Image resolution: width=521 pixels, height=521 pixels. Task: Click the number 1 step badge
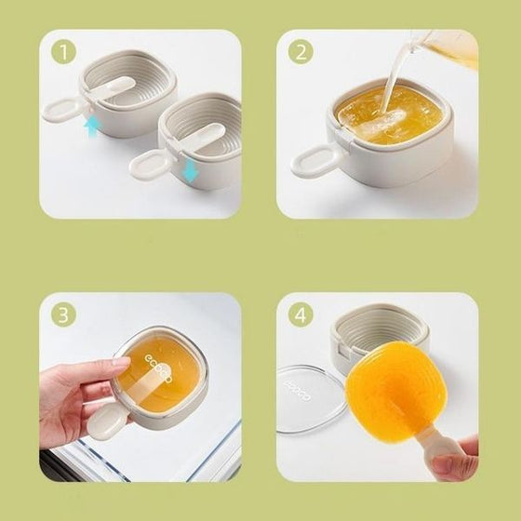pyautogui.click(x=63, y=53)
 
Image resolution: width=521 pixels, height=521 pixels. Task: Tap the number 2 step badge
pyautogui.click(x=299, y=53)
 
